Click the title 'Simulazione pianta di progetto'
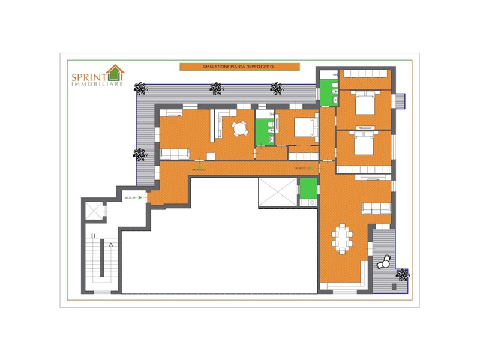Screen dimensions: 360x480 [x=239, y=67]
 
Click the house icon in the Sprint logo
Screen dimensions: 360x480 [x=115, y=73]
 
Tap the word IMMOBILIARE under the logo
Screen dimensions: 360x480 [x=97, y=83]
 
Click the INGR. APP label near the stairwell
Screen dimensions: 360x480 [x=130, y=197]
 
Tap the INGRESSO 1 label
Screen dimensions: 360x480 [x=199, y=170]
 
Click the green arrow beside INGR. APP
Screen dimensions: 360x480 [x=140, y=197]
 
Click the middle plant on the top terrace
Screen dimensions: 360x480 [x=216, y=88]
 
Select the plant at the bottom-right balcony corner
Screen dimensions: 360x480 [x=403, y=275]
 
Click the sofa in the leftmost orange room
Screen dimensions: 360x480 [x=174, y=154]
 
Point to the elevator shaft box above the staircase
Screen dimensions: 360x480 [x=93, y=211]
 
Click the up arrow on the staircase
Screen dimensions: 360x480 [x=112, y=245]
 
